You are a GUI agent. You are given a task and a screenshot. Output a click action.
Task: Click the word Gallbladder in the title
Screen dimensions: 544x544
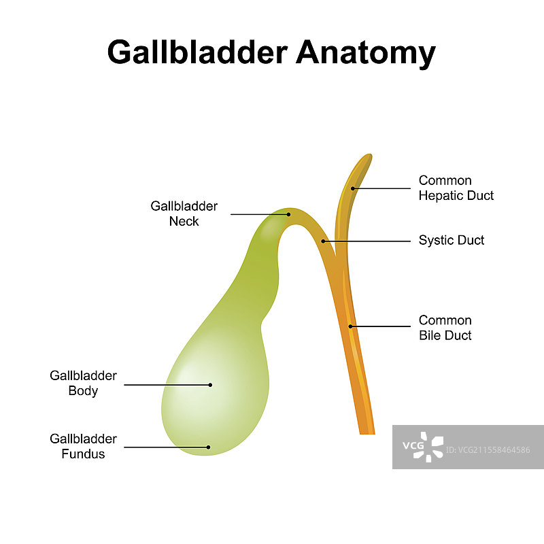197,52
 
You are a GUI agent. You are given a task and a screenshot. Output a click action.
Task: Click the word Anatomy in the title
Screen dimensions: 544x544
366,52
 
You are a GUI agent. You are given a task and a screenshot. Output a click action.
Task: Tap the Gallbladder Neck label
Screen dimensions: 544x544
184,214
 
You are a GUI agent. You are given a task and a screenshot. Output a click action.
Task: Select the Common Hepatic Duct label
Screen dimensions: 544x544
456,188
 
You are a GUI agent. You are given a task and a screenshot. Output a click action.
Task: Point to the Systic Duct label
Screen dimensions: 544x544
452,240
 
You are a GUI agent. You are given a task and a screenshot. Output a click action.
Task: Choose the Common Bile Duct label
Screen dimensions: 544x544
445,328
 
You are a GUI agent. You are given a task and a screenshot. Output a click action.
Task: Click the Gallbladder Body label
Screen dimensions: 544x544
83,384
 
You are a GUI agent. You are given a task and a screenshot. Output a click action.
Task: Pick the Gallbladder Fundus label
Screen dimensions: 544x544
83,446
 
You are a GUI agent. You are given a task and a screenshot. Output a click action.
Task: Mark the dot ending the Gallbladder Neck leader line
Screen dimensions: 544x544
288,214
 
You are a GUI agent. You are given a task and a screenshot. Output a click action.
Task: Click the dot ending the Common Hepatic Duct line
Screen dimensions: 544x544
353,188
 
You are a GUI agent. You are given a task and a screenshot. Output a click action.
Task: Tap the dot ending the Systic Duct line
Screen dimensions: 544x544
324,241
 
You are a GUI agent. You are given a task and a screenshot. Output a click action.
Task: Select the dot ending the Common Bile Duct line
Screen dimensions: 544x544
351,326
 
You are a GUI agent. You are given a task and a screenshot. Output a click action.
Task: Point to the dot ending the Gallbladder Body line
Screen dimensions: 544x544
210,385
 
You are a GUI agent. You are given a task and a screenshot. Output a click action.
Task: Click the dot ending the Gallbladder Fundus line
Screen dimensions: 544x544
209,447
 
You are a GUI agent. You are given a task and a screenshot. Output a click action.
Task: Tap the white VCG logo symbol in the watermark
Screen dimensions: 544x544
432,446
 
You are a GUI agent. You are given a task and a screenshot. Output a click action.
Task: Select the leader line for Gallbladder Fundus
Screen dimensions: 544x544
166,447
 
